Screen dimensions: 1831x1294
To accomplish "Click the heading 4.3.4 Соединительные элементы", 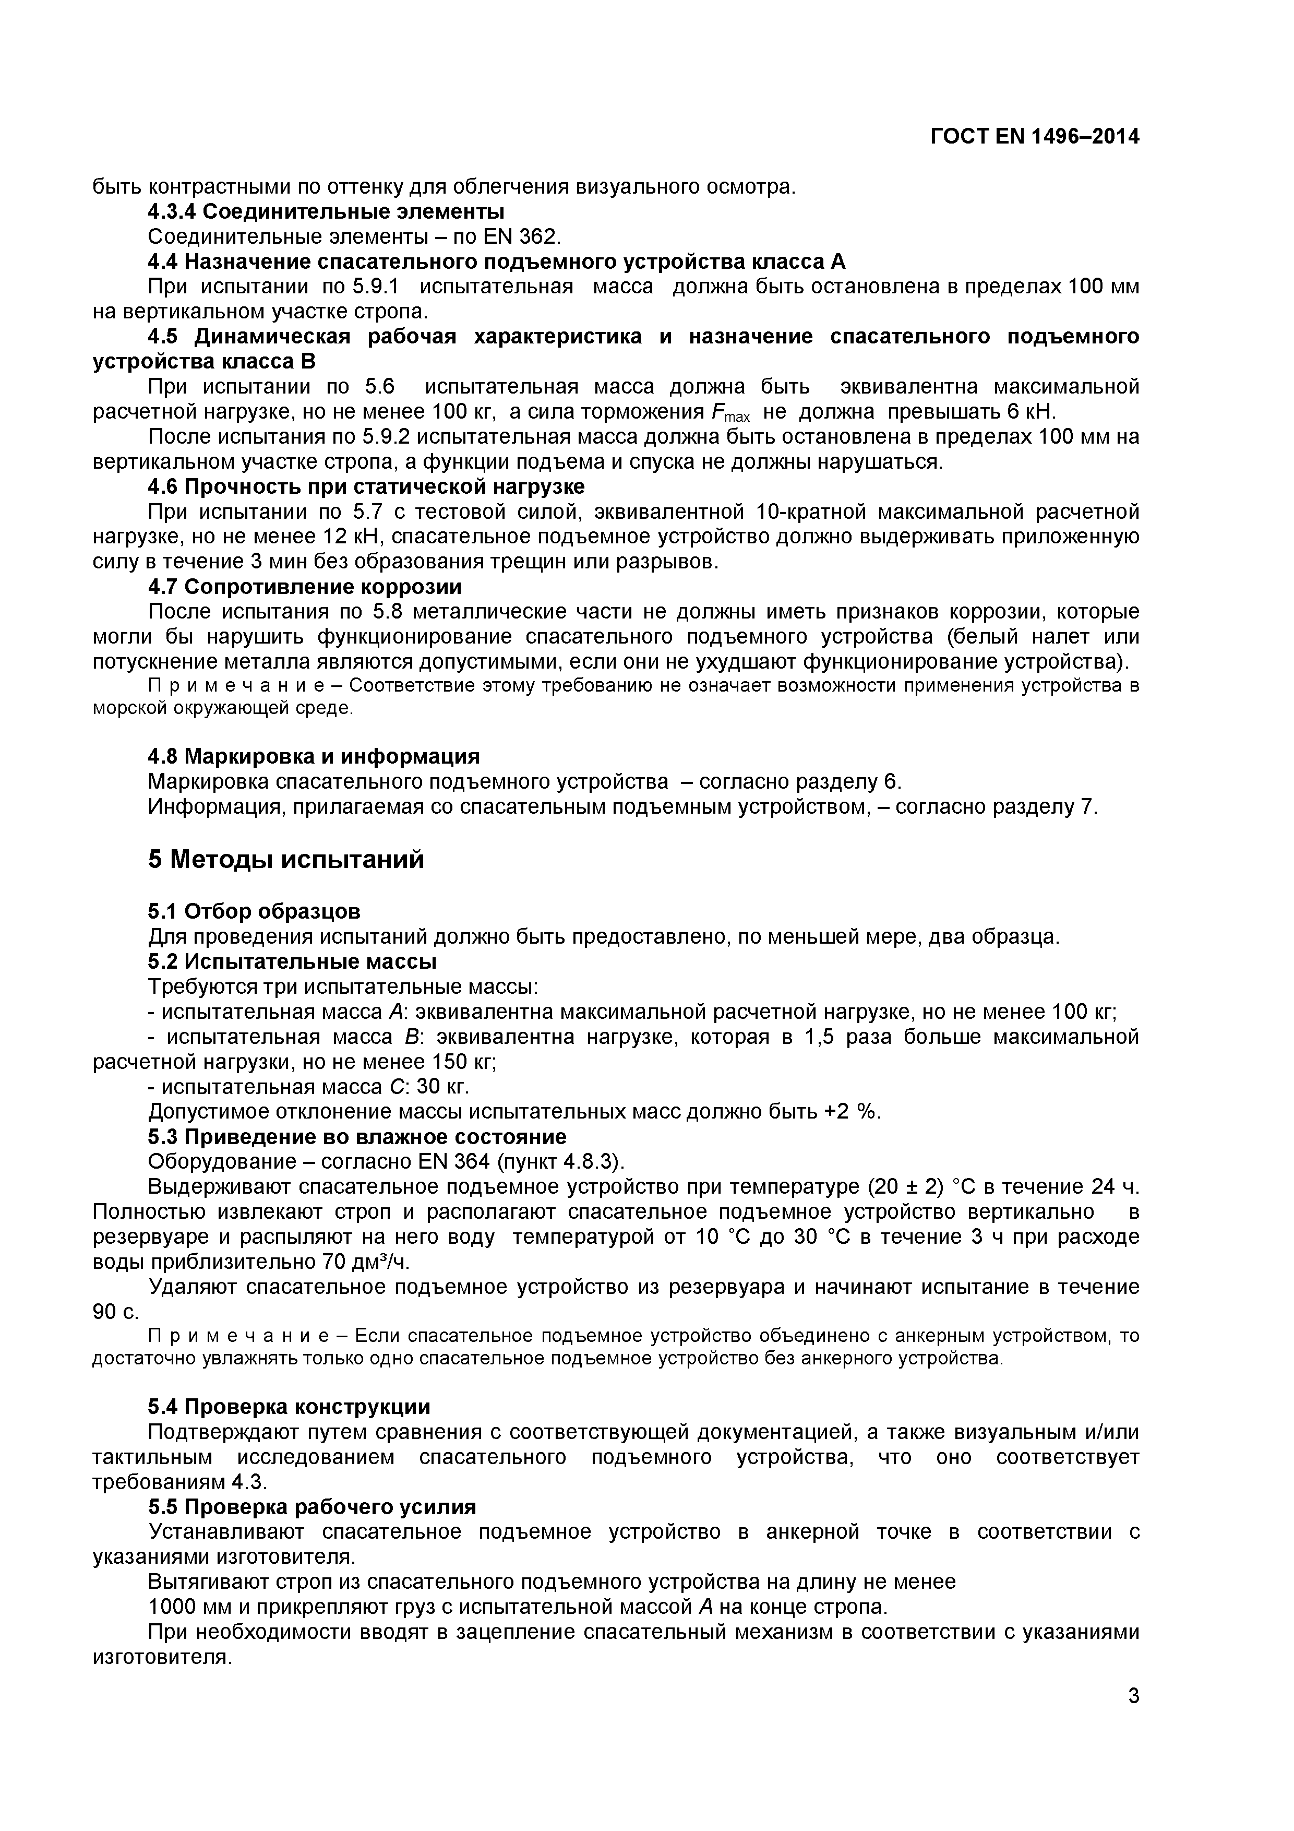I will point(326,212).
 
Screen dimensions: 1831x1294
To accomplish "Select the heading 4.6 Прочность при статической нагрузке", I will point(366,486).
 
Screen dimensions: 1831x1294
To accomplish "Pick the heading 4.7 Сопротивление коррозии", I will point(305,587).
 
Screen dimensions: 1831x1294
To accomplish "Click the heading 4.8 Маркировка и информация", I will point(314,756).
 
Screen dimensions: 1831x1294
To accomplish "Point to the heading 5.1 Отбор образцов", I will point(254,911).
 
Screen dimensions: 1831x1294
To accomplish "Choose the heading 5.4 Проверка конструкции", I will point(289,1407).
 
